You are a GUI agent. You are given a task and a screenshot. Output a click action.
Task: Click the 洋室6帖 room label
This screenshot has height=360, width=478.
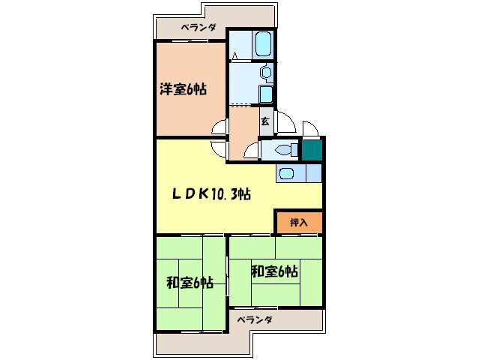(x=183, y=89)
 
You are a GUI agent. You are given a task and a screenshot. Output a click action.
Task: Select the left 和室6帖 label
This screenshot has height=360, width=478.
(x=190, y=283)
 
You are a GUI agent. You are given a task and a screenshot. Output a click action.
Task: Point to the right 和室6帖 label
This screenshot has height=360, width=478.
(x=274, y=271)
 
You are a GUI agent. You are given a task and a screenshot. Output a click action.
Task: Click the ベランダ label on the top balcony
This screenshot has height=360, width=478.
(x=199, y=28)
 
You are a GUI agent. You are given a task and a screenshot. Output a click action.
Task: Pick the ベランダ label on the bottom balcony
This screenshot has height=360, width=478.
(x=255, y=319)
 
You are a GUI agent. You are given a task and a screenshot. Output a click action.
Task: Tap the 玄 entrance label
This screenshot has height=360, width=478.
(x=265, y=120)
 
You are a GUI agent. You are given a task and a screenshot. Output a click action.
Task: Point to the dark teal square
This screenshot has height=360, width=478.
(x=312, y=149)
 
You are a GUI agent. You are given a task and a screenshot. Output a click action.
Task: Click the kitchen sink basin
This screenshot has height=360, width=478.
(x=286, y=174)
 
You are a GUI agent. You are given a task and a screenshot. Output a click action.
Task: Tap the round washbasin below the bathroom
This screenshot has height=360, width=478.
(x=264, y=72)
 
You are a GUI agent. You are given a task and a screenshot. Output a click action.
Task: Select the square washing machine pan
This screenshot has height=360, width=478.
(x=266, y=94)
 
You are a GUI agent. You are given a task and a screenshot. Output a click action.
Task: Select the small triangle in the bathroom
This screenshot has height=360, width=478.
(x=235, y=55)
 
